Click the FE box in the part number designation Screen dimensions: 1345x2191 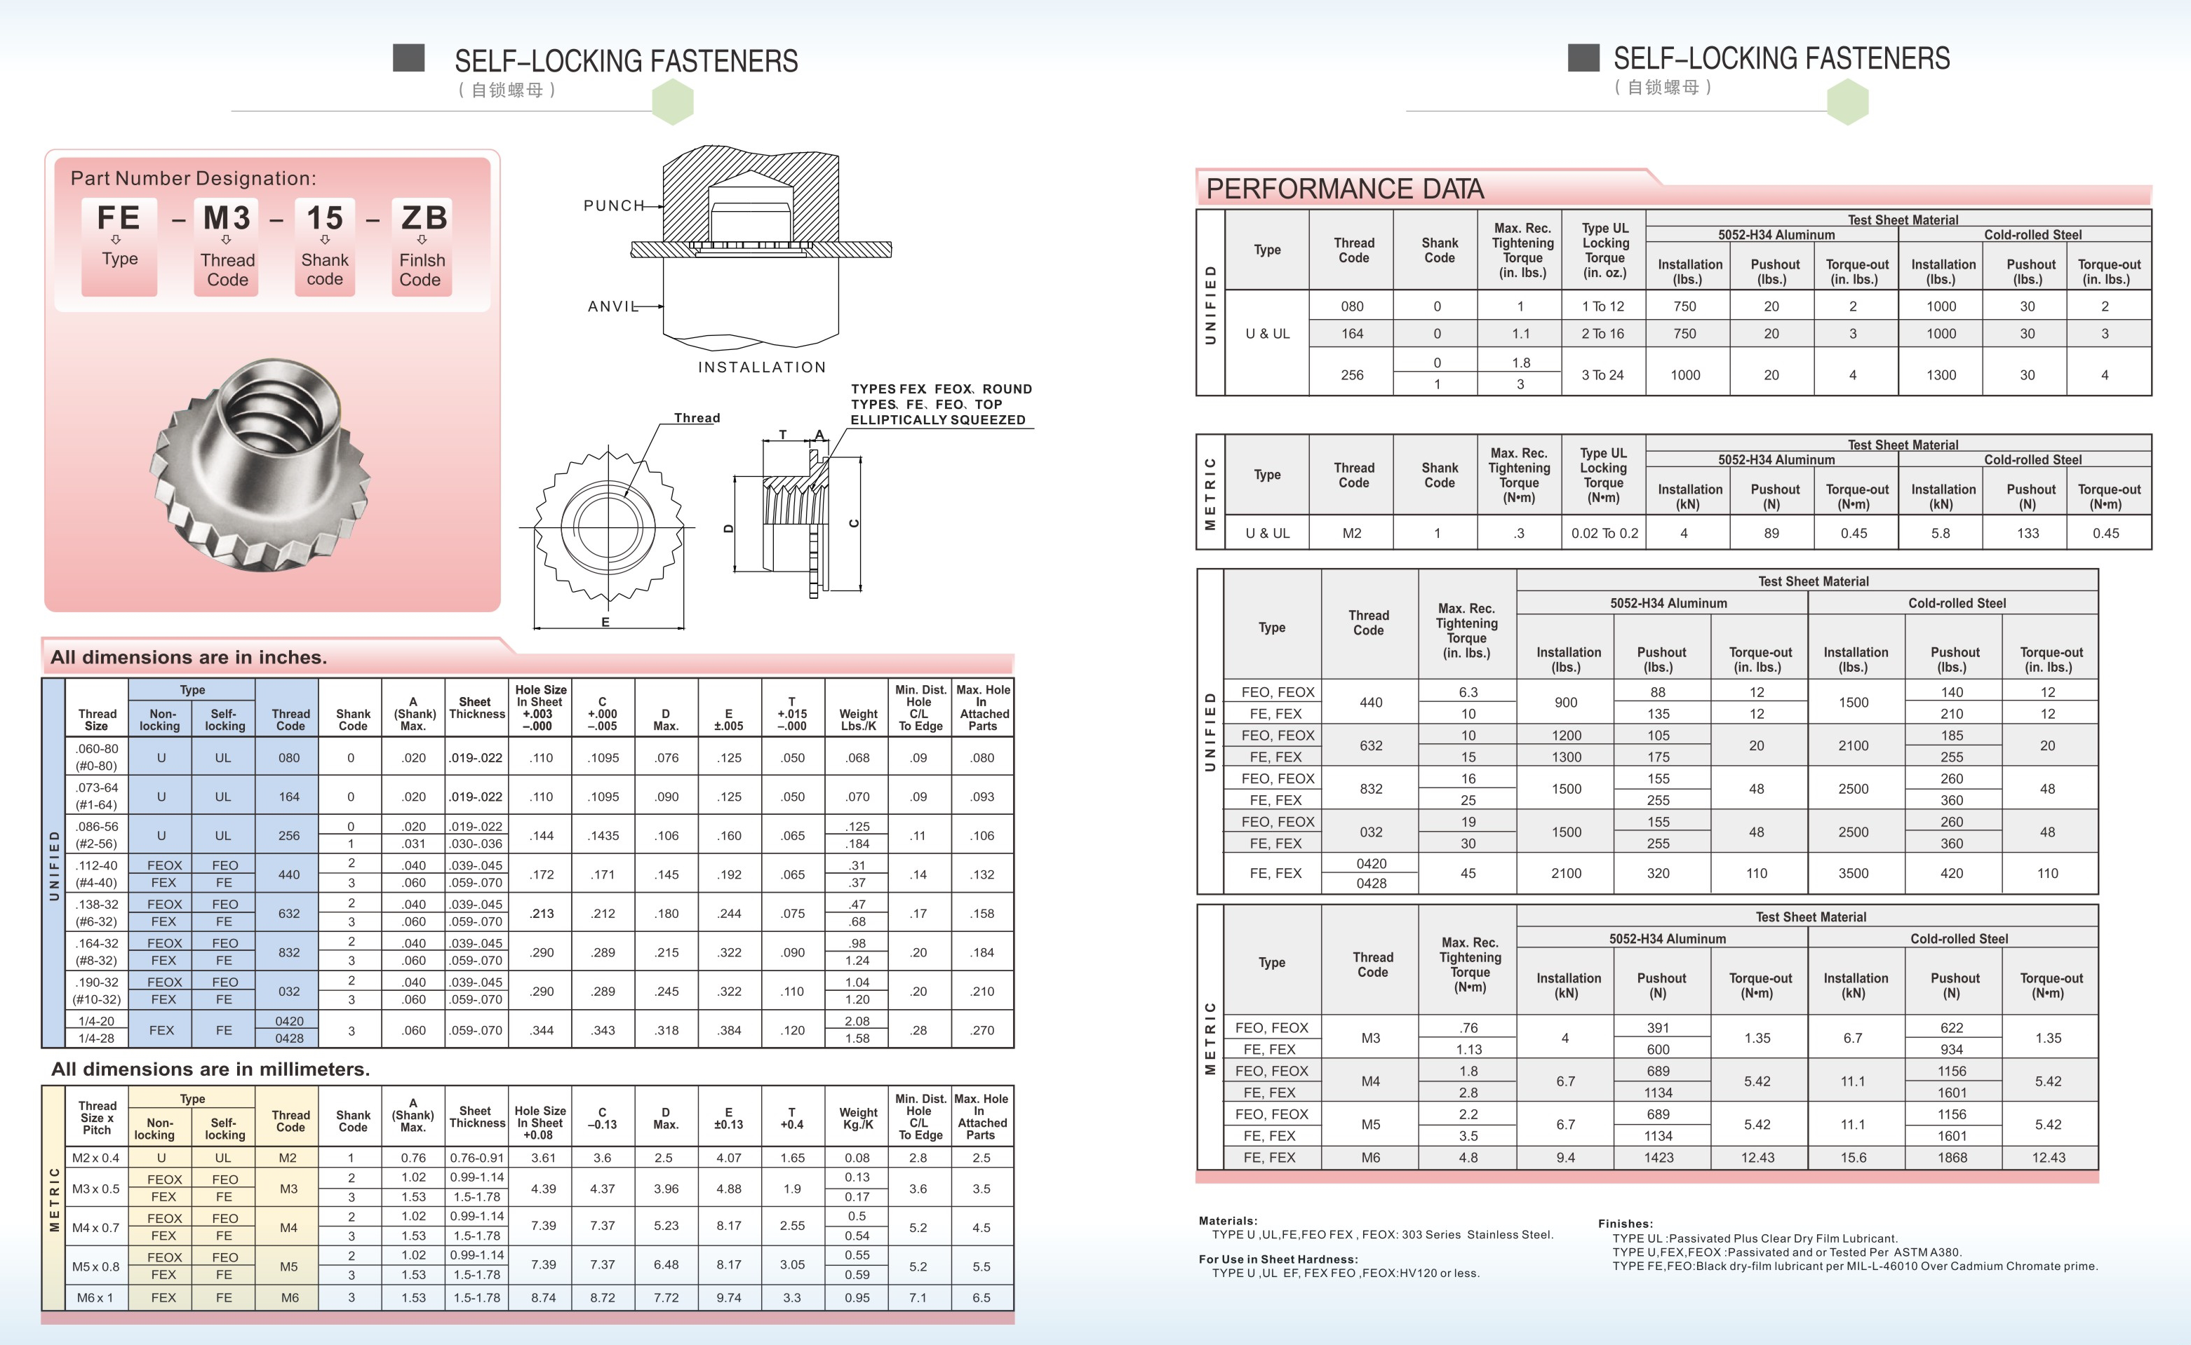point(119,245)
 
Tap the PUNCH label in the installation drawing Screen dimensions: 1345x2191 point(613,205)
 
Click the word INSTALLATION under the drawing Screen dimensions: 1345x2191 point(762,367)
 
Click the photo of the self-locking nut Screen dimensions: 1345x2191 point(262,463)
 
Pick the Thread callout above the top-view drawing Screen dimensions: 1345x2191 point(696,418)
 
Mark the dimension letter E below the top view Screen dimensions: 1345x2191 point(605,622)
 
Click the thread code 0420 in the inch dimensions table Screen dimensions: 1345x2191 point(289,1021)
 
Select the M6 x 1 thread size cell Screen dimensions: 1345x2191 point(95,1298)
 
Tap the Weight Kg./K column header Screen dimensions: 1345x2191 point(858,1118)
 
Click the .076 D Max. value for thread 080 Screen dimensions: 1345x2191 point(666,758)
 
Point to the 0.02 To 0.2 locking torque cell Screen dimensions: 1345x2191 point(1604,533)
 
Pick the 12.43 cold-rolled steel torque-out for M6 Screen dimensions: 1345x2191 point(2048,1157)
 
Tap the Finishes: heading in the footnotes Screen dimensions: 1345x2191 point(1625,1223)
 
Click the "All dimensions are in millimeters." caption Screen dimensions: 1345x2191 point(210,1069)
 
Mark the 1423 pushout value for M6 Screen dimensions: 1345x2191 point(1658,1157)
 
